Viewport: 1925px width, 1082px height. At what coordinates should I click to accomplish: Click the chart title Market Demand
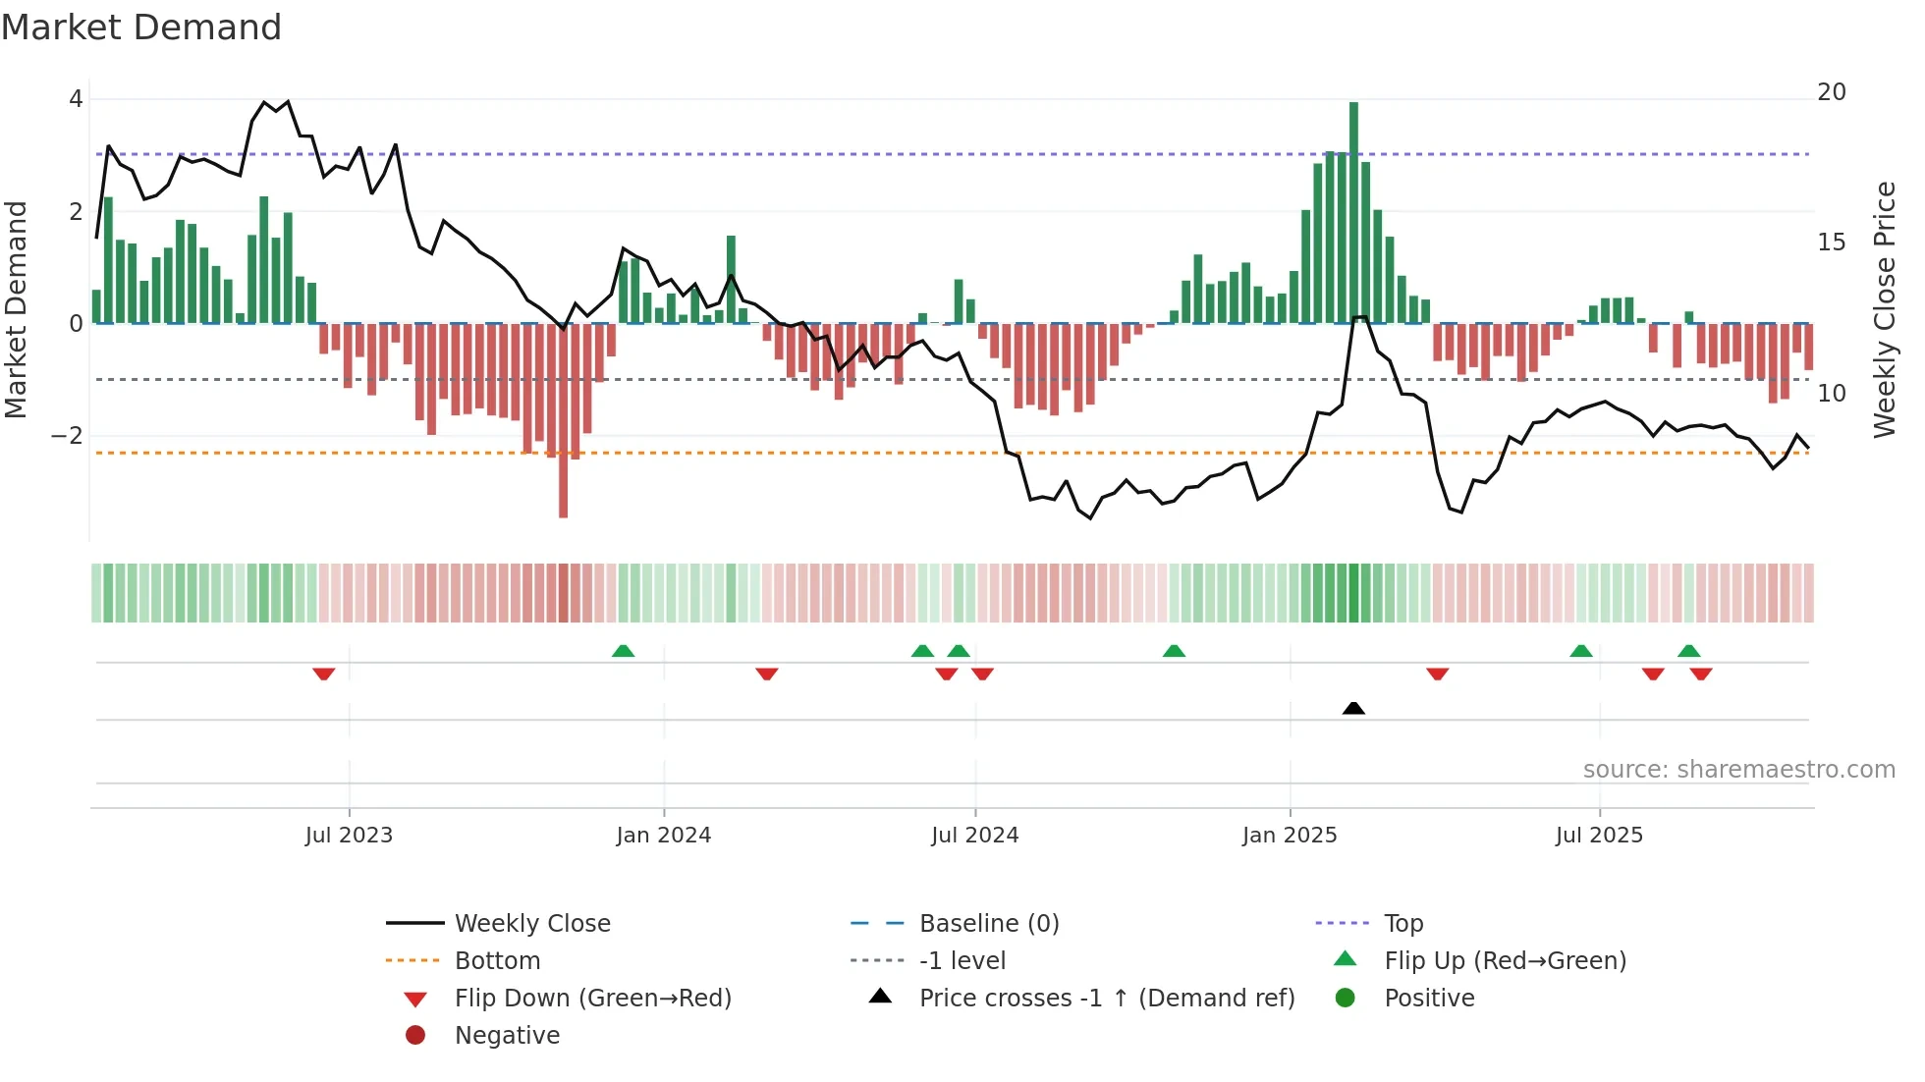point(141,27)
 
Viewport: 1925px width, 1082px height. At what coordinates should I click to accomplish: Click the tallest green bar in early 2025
point(1353,212)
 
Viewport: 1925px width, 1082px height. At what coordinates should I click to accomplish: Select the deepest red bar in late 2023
point(563,420)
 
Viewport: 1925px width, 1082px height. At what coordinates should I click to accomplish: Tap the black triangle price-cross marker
point(1353,708)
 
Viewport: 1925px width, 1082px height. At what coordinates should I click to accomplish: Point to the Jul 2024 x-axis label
point(974,836)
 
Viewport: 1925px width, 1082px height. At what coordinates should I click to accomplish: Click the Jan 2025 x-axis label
point(1289,836)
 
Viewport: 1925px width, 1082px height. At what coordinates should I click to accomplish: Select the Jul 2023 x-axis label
point(349,836)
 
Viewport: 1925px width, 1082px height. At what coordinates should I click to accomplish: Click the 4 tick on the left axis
point(76,99)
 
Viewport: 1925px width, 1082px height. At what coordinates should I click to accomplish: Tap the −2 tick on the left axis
point(68,436)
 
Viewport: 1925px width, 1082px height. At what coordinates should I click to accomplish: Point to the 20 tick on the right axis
point(1831,92)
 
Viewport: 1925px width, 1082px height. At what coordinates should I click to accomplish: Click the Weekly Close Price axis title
point(1884,309)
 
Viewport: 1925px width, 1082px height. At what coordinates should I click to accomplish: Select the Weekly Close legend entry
point(531,924)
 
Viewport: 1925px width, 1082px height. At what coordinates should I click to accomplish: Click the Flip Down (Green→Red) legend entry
point(592,999)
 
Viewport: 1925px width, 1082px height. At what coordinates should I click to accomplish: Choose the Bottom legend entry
point(497,961)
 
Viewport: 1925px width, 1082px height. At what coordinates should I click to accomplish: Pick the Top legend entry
point(1402,924)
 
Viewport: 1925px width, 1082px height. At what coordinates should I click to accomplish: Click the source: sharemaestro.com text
point(1738,770)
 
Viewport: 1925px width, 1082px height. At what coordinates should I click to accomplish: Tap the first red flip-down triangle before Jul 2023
point(324,674)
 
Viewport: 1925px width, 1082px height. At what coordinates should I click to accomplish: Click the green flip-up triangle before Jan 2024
point(623,651)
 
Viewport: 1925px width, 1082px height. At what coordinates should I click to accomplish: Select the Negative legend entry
point(507,1036)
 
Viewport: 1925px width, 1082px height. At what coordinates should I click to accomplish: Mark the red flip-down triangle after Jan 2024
point(767,674)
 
